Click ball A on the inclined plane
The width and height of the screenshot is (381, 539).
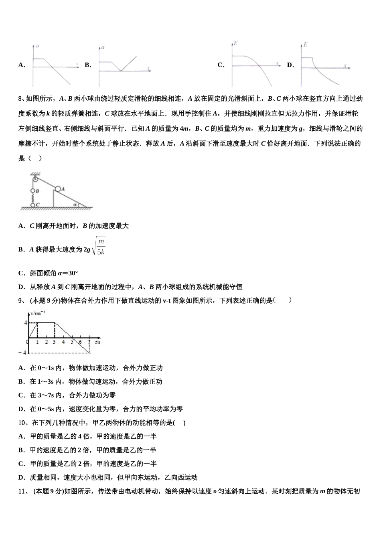pyautogui.click(x=59, y=188)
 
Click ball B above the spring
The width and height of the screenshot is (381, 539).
pyautogui.click(x=33, y=191)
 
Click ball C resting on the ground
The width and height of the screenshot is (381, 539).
pyautogui.click(x=33, y=205)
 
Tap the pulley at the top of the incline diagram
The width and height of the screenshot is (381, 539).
pyautogui.click(x=35, y=177)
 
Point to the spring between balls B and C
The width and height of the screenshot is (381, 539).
pyautogui.click(x=33, y=198)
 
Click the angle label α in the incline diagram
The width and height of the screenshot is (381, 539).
pyautogui.click(x=75, y=204)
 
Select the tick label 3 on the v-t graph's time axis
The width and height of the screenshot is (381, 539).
pyautogui.click(x=54, y=342)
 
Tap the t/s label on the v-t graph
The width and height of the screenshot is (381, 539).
pyautogui.click(x=97, y=342)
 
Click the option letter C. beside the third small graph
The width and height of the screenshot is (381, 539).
pyautogui.click(x=221, y=65)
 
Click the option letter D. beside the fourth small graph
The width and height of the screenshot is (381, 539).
pyautogui.click(x=290, y=65)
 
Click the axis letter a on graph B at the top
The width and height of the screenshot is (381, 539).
pyautogui.click(x=103, y=47)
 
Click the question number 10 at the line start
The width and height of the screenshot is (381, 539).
pyautogui.click(x=22, y=423)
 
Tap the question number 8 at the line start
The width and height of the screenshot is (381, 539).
pyautogui.click(x=20, y=99)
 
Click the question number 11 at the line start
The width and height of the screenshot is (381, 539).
pyautogui.click(x=22, y=491)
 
